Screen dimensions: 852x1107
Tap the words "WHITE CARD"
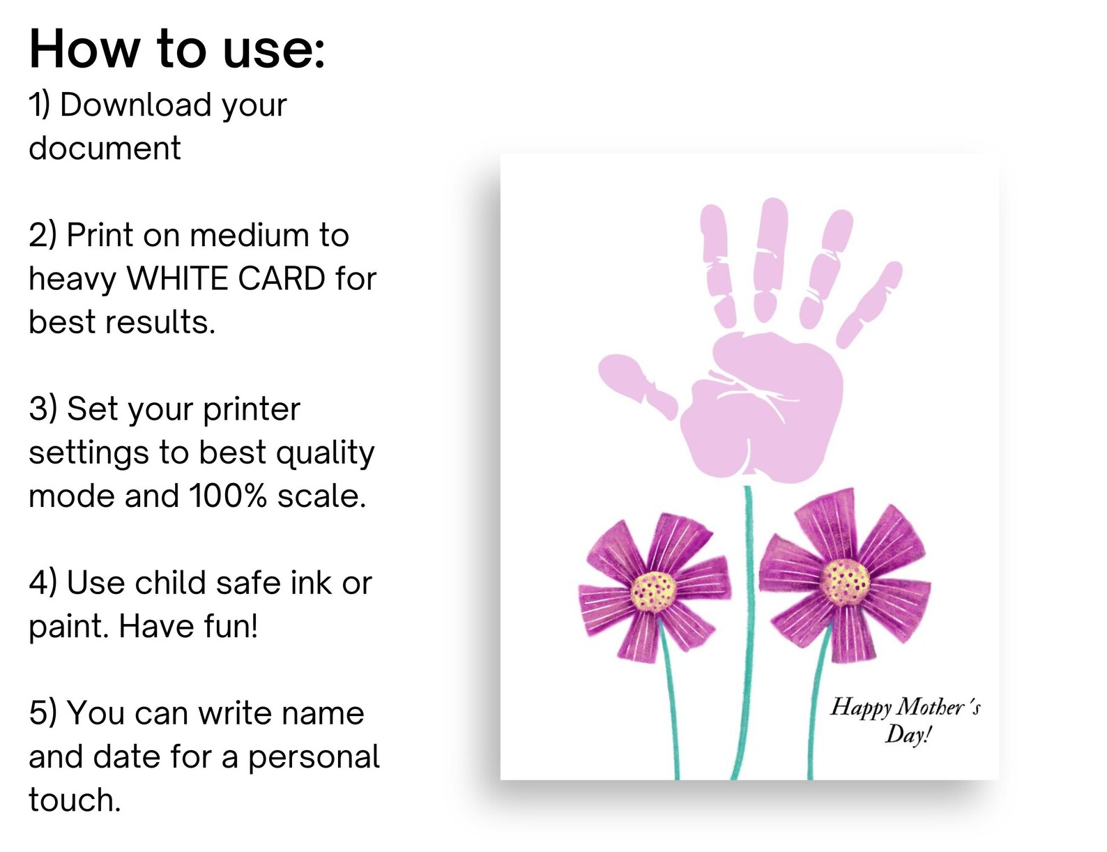click(225, 279)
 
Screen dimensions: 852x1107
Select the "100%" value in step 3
click(228, 496)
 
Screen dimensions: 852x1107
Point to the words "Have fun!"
click(188, 626)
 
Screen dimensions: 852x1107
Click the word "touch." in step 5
click(75, 800)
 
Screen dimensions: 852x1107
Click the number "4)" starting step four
click(43, 583)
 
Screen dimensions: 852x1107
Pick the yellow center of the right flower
click(844, 581)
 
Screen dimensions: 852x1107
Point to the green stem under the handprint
click(747, 627)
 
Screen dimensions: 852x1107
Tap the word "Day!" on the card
click(908, 735)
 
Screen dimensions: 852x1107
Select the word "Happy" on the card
click(860, 707)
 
